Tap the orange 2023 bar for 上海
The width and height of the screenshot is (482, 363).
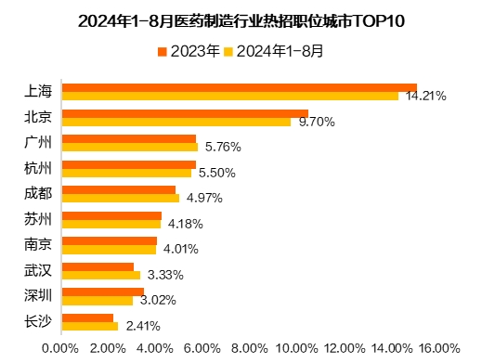tap(239, 87)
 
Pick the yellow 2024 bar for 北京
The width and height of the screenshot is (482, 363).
tap(176, 122)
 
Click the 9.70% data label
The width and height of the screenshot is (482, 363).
tap(317, 122)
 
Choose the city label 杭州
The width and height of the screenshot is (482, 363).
tap(37, 168)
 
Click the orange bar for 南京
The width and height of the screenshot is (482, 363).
tap(109, 241)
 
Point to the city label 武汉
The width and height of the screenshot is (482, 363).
tap(37, 270)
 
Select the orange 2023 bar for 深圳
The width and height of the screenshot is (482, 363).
tap(102, 292)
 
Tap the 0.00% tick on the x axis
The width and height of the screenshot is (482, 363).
tap(60, 348)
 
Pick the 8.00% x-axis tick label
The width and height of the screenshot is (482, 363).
tap(249, 348)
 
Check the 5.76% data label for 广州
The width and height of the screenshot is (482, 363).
tap(223, 147)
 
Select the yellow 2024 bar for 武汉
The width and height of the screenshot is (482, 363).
tap(100, 275)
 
